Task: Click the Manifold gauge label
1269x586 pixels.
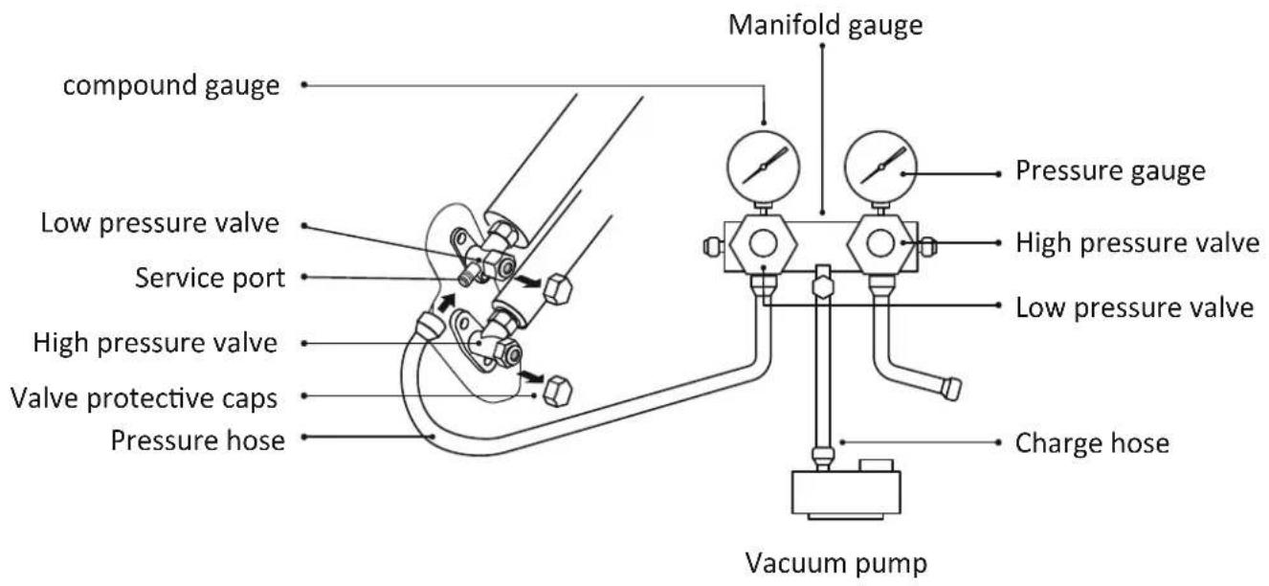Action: pos(825,26)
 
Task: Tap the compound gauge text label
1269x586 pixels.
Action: pos(171,86)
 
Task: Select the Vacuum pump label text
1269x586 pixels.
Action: pos(836,563)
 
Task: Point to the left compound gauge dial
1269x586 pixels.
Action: pos(763,168)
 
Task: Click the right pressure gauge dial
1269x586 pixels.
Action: pos(881,168)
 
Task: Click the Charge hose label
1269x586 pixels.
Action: pos(1092,443)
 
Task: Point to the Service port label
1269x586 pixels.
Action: pos(210,279)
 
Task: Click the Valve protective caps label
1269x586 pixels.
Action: pos(144,397)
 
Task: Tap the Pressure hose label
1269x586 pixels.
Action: pos(198,440)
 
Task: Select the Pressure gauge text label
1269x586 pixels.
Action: pos(1110,171)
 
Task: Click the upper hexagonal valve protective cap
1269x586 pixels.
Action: pos(557,289)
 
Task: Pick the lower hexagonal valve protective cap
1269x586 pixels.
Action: pos(557,391)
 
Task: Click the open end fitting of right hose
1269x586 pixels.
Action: pos(950,389)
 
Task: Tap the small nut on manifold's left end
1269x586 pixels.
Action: pos(712,246)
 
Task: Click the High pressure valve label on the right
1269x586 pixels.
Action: pos(1138,242)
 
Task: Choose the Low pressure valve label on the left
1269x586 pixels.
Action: pos(160,223)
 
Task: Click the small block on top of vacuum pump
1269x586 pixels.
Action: pos(876,465)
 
